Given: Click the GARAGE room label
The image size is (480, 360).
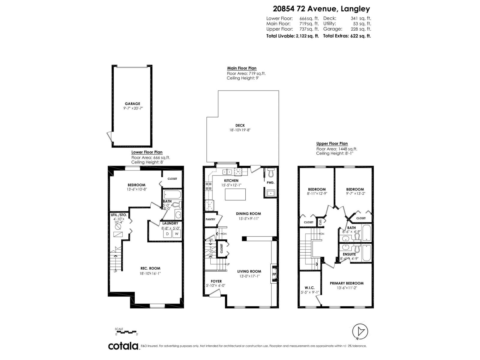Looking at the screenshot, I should point(132,104).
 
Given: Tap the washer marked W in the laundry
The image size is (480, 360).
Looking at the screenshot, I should point(177,234).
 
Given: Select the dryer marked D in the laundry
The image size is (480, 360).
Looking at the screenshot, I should point(167,234).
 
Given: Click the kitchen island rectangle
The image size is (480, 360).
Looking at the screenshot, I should point(235,194).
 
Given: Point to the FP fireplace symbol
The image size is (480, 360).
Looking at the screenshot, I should point(274,274).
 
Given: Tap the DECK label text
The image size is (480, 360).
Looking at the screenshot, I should point(240,125).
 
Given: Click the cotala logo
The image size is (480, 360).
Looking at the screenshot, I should point(123,346).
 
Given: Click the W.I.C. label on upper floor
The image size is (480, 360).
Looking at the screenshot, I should point(309,288).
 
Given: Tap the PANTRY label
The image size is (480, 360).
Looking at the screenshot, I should point(211,219).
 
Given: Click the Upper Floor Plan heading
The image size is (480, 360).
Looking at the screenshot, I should point(332,144).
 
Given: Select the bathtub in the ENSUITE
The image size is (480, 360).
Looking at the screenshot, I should point(367,253).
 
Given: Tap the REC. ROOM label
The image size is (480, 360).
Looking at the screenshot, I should point(150,268).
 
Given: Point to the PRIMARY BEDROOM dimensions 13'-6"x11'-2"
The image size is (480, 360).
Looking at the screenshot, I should point(346,288).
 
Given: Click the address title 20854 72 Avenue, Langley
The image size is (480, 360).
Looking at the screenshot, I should point(321,9).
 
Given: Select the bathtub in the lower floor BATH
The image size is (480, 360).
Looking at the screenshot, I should point(172,195).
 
